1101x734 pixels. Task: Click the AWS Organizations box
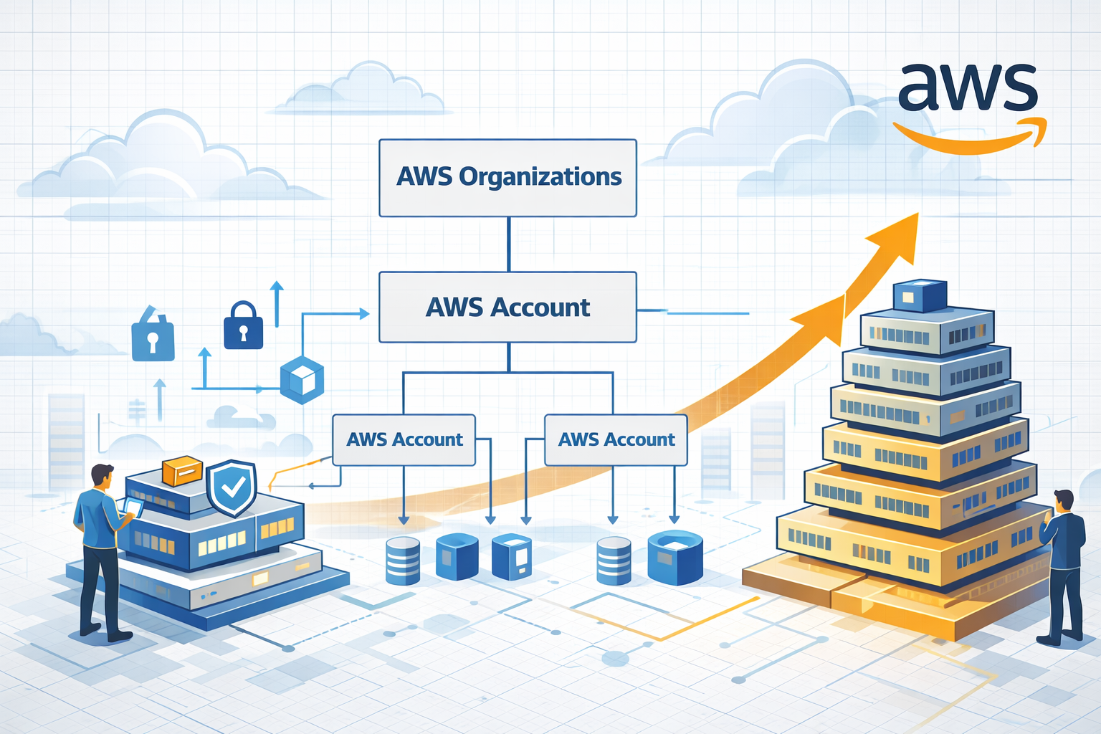click(507, 178)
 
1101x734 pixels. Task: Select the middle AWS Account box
click(507, 307)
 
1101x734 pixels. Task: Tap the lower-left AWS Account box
click(404, 439)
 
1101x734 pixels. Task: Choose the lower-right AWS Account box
click(616, 439)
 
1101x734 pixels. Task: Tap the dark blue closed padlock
click(243, 327)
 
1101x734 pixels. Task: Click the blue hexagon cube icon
click(302, 380)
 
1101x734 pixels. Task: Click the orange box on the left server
click(182, 471)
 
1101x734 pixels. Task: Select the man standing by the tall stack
click(1062, 566)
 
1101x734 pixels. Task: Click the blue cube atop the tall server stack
click(920, 295)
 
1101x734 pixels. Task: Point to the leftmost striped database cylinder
click(403, 561)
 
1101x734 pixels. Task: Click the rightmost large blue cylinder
click(675, 557)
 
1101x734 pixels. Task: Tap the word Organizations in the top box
click(540, 177)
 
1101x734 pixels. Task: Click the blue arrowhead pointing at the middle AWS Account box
click(364, 313)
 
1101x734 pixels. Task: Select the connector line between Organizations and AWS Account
click(509, 244)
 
